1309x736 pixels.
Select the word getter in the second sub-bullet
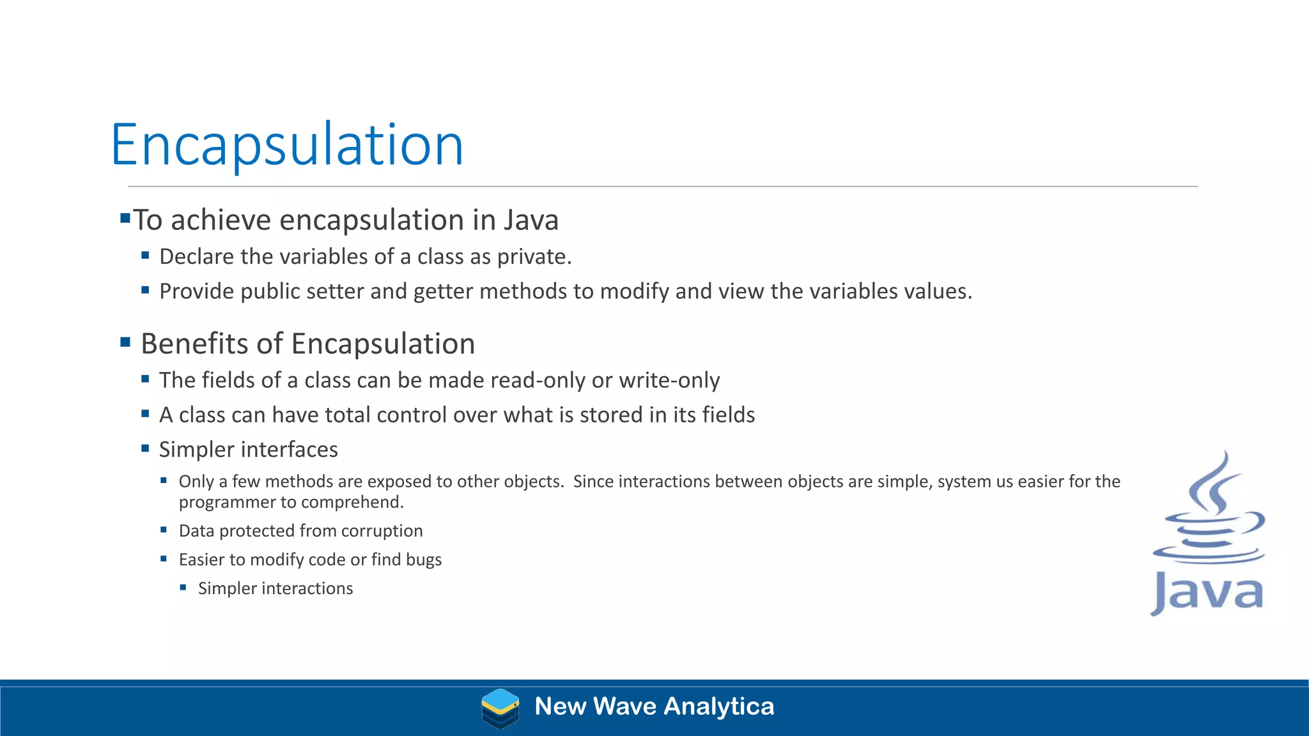coord(443,291)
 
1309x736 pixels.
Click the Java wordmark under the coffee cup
coord(1207,593)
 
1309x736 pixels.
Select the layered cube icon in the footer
coord(500,708)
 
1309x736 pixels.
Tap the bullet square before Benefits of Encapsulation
coord(125,342)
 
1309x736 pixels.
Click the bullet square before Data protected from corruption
coord(164,530)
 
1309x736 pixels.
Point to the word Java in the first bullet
coord(531,220)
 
